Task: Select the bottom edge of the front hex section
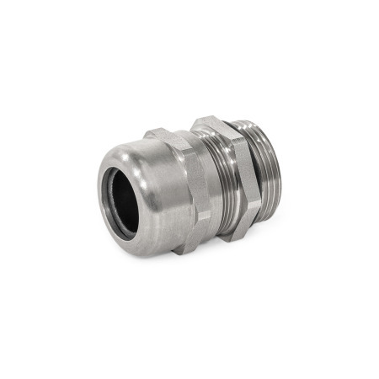click(x=189, y=248)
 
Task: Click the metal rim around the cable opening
click(x=106, y=181)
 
